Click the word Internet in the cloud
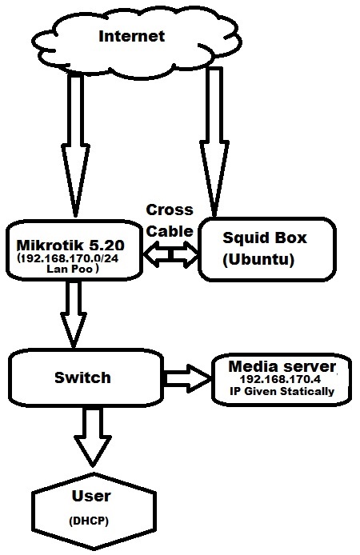point(131,36)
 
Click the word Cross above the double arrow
point(169,210)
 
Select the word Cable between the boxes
point(170,230)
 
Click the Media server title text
point(282,366)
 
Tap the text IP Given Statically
point(282,393)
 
